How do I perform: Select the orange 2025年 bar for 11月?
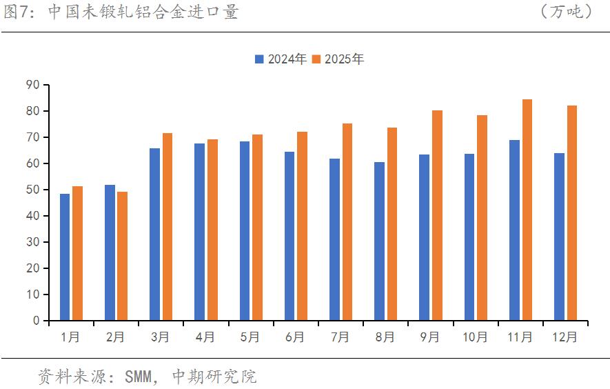click(x=527, y=210)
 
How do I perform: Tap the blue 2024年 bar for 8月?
click(x=380, y=241)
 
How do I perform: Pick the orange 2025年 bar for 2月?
click(x=122, y=256)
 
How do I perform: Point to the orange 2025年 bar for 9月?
click(x=437, y=215)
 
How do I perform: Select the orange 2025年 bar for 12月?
click(x=572, y=213)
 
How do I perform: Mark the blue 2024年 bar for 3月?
click(x=155, y=235)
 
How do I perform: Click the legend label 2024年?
click(x=287, y=59)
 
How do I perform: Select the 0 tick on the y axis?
click(x=37, y=321)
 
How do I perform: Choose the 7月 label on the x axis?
click(x=340, y=337)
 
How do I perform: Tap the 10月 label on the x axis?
click(x=475, y=337)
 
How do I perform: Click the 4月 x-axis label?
click(x=205, y=337)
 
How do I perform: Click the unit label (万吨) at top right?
click(x=567, y=12)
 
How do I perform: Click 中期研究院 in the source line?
click(x=214, y=377)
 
